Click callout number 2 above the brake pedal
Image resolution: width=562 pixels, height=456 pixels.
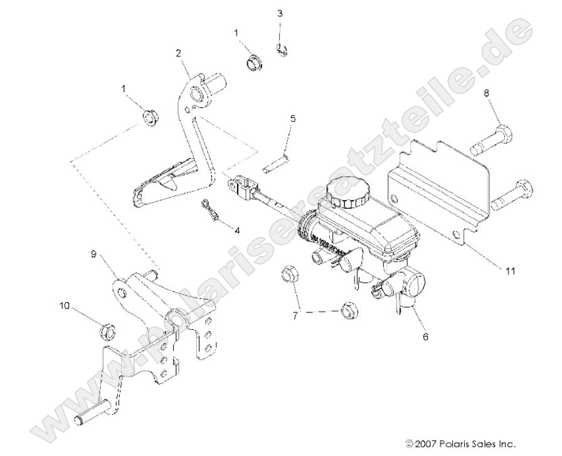tap(179, 55)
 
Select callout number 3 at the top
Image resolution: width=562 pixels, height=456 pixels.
tap(280, 13)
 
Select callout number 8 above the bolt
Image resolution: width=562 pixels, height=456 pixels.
tap(487, 92)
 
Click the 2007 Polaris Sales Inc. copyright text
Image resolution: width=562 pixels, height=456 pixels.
tap(470, 443)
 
